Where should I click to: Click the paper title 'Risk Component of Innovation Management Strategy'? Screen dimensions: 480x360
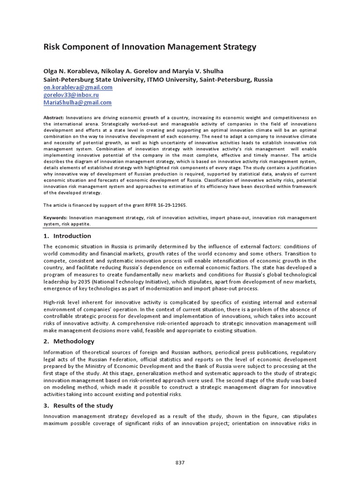[150, 47]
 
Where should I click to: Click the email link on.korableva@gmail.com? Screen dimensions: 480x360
[78, 87]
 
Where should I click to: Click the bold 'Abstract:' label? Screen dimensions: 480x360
[54, 117]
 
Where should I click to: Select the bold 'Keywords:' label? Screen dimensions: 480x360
[56, 217]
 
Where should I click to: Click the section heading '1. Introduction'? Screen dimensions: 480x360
[67, 236]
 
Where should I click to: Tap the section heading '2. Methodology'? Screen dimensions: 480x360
[68, 341]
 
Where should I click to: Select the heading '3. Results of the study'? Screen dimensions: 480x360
[78, 405]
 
